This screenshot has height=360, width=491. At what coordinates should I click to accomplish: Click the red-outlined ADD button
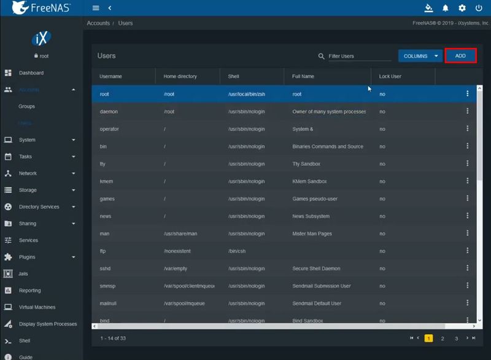click(x=460, y=56)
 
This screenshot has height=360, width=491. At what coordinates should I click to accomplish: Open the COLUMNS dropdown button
click(x=420, y=56)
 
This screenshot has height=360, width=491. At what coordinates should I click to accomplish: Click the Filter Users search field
click(x=359, y=56)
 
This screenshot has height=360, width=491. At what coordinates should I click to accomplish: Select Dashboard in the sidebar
click(x=31, y=73)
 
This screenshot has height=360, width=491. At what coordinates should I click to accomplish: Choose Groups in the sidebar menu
click(x=26, y=106)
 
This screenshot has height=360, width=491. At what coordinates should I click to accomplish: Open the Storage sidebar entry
click(x=28, y=190)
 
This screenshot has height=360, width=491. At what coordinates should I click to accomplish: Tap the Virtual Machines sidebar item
click(x=37, y=307)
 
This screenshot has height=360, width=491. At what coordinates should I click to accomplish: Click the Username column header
click(x=110, y=76)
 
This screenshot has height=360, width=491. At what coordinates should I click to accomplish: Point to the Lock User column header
click(x=391, y=76)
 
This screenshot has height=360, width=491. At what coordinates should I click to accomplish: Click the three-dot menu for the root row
click(x=468, y=94)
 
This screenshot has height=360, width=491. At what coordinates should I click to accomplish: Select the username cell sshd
click(x=105, y=268)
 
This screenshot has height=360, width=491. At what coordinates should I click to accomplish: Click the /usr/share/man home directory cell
click(x=180, y=233)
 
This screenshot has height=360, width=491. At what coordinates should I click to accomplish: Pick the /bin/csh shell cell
click(x=237, y=251)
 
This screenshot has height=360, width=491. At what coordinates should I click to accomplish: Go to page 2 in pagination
click(x=443, y=338)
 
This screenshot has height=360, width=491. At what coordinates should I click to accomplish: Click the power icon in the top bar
click(x=479, y=8)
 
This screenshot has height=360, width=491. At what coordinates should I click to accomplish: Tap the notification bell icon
click(x=446, y=8)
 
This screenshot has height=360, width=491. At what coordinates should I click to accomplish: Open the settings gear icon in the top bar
click(x=462, y=8)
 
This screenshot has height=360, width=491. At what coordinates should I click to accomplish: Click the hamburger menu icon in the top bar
click(x=96, y=8)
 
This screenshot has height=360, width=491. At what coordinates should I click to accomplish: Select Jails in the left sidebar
click(x=23, y=273)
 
